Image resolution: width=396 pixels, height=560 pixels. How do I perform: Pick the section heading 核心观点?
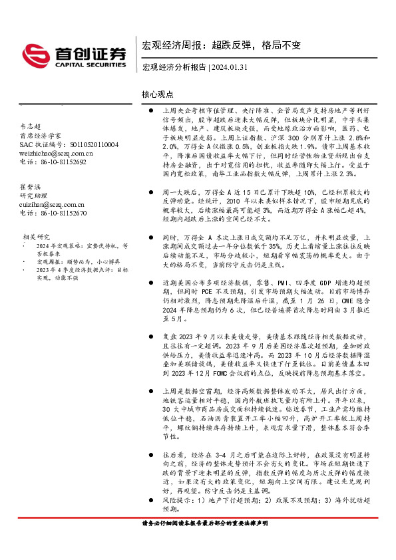(158, 95)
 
